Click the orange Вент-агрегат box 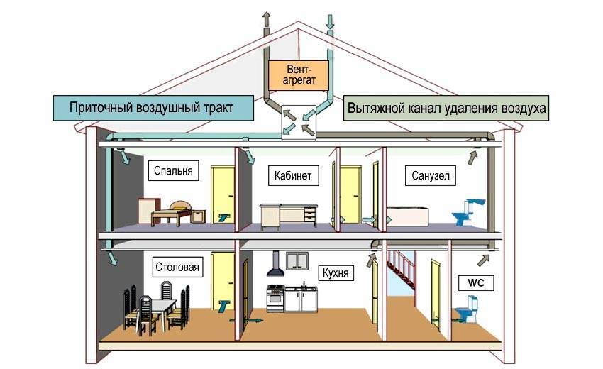(x=299, y=74)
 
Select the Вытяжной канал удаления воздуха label (x=447, y=109)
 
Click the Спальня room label (x=172, y=171)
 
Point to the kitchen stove (x=275, y=298)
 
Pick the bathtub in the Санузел (x=407, y=216)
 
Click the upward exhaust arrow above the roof (x=266, y=19)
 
